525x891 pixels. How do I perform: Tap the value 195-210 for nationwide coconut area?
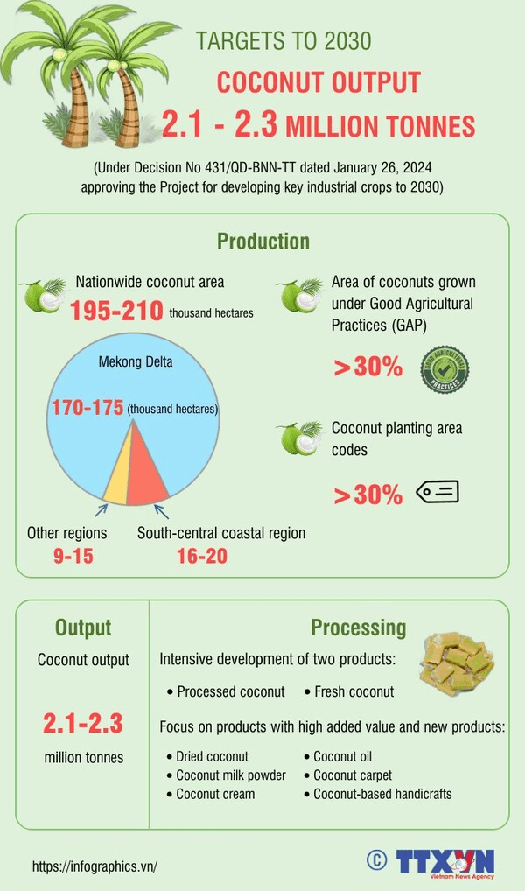pos(117,311)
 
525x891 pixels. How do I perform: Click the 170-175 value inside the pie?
pos(87,408)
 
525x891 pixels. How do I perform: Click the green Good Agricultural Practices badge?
pos(445,368)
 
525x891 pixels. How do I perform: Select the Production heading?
pos(262,242)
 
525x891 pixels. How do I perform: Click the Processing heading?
pos(358,627)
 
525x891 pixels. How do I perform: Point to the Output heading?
pos(83,627)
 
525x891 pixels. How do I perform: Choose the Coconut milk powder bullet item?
pos(230,775)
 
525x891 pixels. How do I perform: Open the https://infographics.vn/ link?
pos(94,866)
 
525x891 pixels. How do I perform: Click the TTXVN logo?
pos(444,861)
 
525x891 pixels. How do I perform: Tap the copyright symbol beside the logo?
pos(377,860)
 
